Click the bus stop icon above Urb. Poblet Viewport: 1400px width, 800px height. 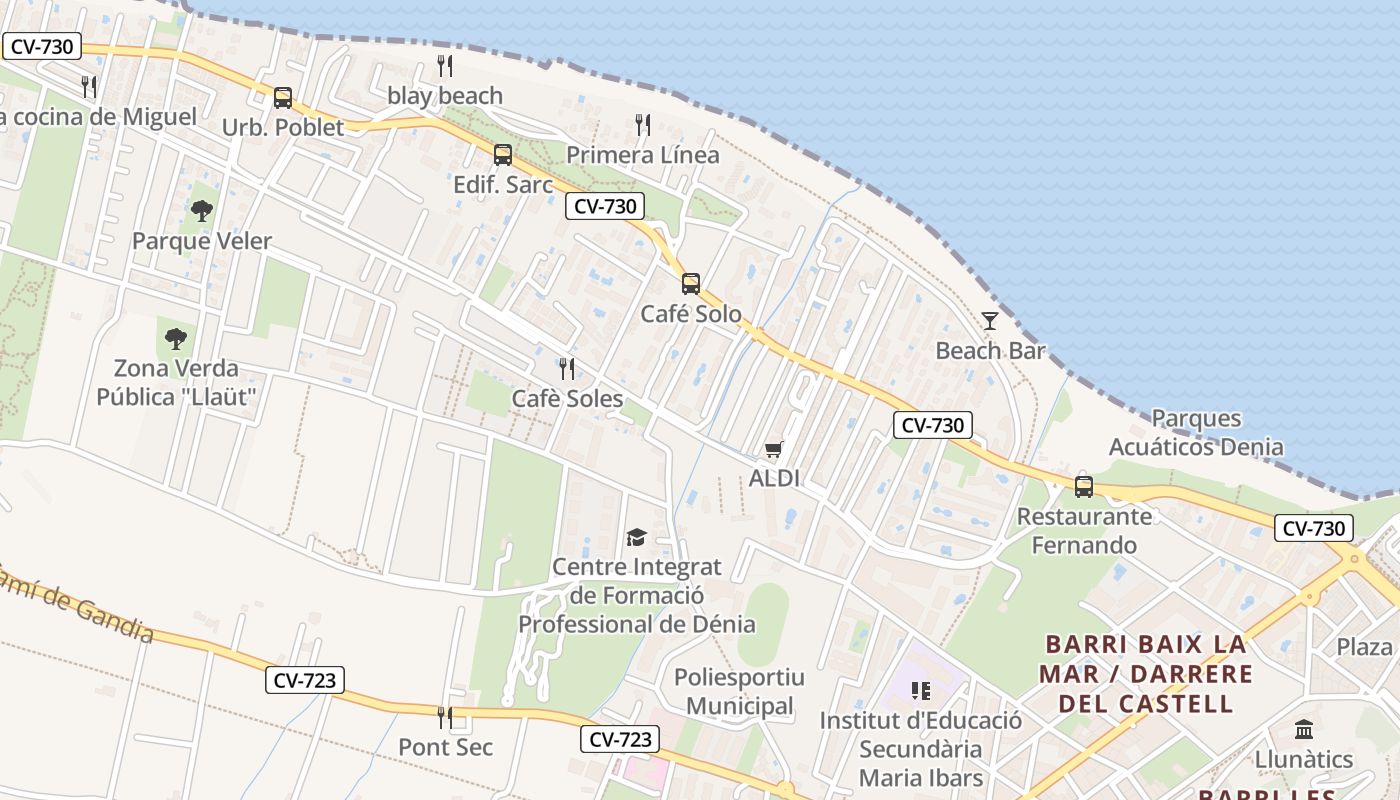click(283, 98)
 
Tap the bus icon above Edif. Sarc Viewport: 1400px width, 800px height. click(503, 155)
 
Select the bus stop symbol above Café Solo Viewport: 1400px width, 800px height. click(691, 283)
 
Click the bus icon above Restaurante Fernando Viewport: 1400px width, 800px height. click(1084, 487)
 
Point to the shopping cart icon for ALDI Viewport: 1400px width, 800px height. click(773, 450)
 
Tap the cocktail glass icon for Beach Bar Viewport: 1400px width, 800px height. click(990, 321)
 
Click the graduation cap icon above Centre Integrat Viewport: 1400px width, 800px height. click(636, 538)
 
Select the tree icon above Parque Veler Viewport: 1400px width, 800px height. click(202, 211)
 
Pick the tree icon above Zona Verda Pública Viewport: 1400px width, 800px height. click(176, 338)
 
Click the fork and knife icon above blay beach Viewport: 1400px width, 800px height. click(445, 66)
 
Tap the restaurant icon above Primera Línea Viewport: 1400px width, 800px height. click(643, 125)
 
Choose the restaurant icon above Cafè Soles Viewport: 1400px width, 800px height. click(567, 369)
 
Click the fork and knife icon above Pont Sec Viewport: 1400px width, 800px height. click(445, 717)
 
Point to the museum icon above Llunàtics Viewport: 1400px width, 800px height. click(1304, 729)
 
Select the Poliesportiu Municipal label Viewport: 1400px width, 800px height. click(739, 692)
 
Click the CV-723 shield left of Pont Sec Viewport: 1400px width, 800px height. click(306, 680)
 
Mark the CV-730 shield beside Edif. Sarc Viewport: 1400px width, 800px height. click(604, 206)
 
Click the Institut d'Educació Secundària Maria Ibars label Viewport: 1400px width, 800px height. click(920, 749)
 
